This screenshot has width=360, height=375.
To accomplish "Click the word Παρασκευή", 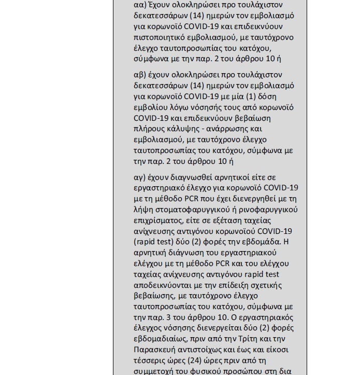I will click(154, 350).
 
